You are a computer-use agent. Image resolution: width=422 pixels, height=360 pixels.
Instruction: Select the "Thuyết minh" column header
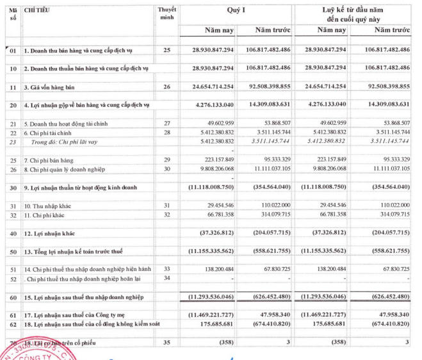coord(166,15)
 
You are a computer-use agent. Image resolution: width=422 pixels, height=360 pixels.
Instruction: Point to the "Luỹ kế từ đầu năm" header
coord(351,11)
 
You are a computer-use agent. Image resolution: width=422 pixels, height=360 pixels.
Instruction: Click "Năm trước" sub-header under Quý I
coord(264,30)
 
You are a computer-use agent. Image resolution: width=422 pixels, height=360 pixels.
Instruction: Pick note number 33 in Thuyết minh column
coord(167,269)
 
